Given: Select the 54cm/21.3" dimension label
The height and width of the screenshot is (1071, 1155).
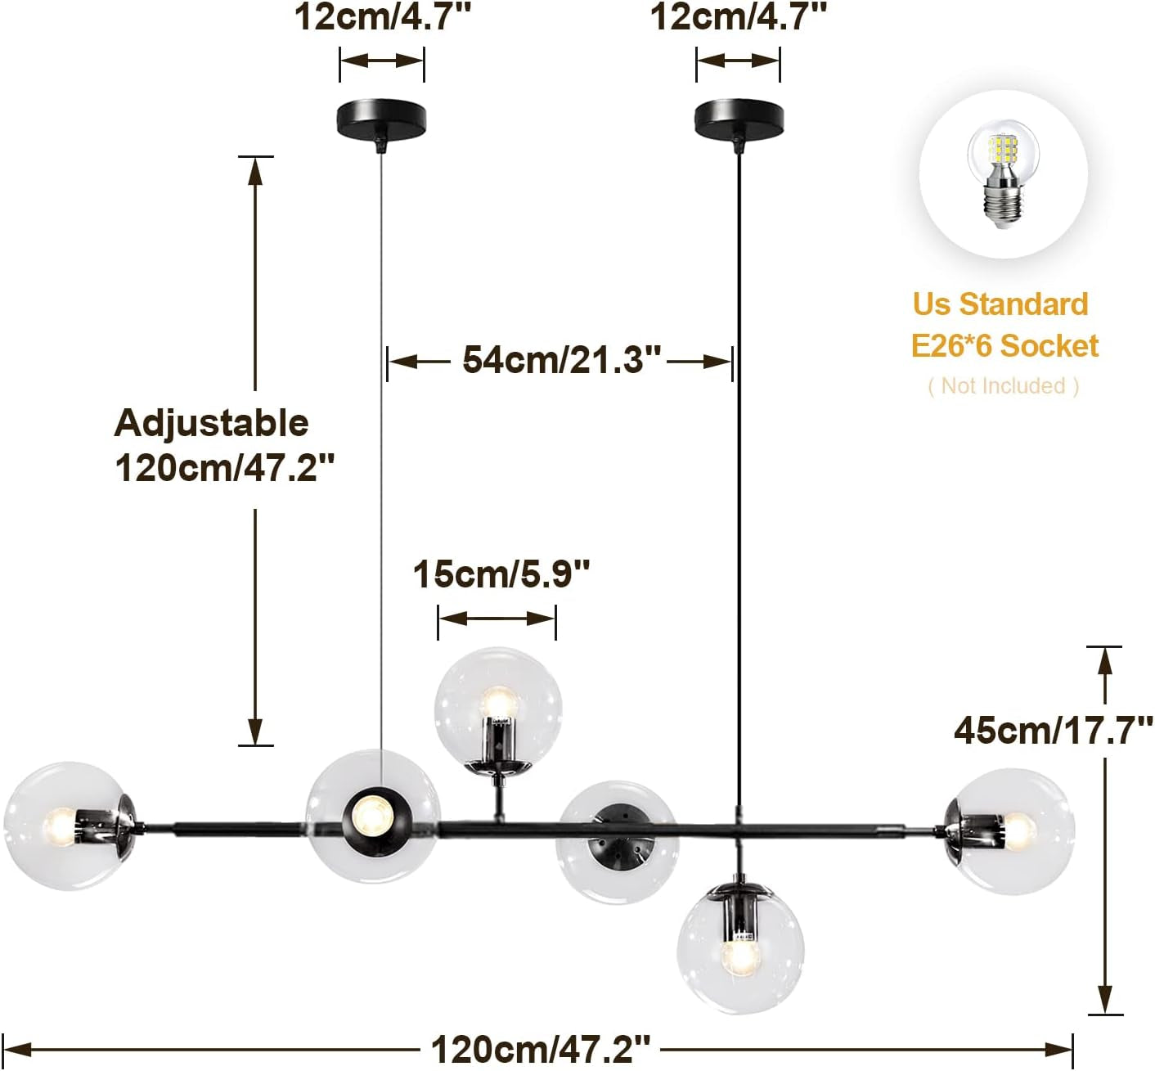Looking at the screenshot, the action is click(x=561, y=360).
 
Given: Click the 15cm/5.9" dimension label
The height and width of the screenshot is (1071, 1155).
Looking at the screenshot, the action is click(x=501, y=574).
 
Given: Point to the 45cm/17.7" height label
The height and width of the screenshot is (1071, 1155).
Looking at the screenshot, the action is click(x=1053, y=731).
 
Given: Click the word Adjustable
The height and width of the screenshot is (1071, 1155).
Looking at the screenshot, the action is click(x=211, y=423).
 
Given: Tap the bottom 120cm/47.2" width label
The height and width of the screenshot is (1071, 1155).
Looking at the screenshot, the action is click(x=540, y=1050).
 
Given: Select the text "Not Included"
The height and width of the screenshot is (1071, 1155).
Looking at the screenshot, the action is click(x=1003, y=385).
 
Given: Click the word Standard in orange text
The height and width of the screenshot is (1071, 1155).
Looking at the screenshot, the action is click(x=1023, y=304).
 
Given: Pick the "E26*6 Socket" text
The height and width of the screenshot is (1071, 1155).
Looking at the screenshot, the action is click(x=1004, y=345).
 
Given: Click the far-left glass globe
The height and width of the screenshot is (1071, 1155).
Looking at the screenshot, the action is click(x=67, y=826).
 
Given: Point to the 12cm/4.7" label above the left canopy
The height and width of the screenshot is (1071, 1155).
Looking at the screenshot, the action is click(x=382, y=16).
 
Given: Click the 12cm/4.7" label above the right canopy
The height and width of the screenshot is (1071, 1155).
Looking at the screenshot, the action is click(x=738, y=16).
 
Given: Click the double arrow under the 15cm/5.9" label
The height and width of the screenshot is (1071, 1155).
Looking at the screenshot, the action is click(x=497, y=619).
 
